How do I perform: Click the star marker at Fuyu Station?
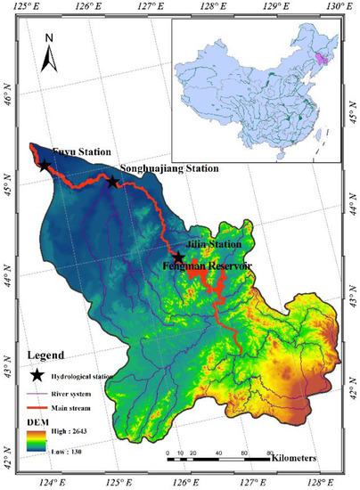pos(45,165)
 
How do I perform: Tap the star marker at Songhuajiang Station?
pos(112,182)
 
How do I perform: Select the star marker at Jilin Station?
pos(178,257)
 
